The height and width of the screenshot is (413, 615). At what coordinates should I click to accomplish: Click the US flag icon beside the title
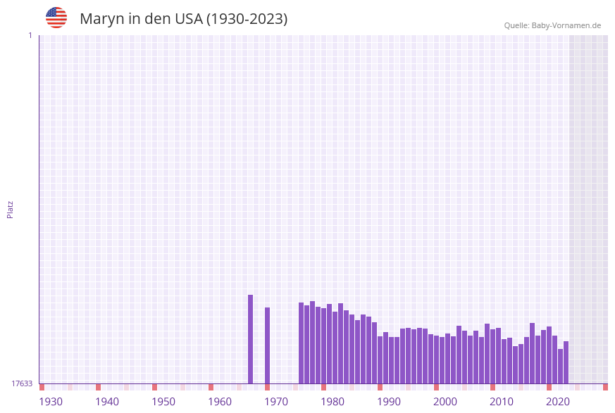point(56,18)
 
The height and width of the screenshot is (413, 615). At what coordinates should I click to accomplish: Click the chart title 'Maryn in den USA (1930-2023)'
point(183,19)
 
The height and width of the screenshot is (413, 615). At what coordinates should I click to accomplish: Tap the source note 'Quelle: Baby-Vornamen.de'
point(552,25)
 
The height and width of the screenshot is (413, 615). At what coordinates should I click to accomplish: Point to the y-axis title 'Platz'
point(11,209)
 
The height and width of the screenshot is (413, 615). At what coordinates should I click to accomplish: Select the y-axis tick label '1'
point(30,35)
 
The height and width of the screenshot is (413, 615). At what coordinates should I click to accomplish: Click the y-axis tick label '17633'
point(22,383)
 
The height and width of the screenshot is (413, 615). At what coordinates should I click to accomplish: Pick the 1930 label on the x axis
point(51,402)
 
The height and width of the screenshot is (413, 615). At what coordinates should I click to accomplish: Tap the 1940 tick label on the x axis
point(107,402)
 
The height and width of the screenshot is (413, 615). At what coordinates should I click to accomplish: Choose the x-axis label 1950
point(163,402)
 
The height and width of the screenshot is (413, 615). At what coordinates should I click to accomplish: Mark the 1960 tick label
point(220,402)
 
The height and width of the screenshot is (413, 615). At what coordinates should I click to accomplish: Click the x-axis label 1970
point(276,402)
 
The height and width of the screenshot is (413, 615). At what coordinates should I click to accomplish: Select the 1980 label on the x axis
point(333,402)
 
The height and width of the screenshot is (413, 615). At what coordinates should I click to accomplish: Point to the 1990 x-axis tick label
point(389,402)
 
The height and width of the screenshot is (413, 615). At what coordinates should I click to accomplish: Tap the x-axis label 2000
point(445,402)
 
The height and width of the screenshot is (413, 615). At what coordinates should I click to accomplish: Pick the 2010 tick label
point(502,402)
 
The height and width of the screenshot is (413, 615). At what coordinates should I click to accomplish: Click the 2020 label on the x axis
point(558,402)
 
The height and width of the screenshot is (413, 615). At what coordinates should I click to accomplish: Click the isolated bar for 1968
point(267,345)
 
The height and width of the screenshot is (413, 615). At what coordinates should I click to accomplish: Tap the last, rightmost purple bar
point(566,362)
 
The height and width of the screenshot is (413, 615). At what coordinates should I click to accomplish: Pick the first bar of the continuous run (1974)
point(301,343)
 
